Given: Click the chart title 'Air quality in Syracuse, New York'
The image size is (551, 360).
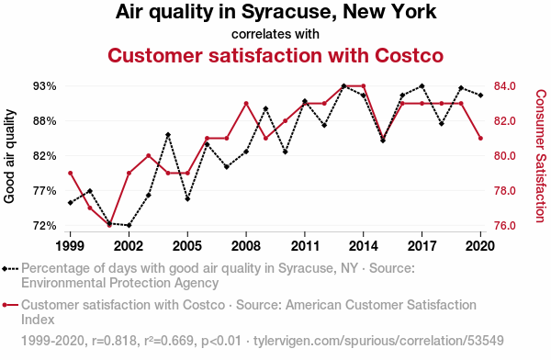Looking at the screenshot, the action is (x=275, y=12).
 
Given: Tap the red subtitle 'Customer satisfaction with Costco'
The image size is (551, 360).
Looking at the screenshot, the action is (x=275, y=55).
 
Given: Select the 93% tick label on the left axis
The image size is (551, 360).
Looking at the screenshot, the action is (x=45, y=86).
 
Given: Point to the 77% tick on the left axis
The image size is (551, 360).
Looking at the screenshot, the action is (x=45, y=191).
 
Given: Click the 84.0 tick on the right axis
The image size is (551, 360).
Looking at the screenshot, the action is (x=504, y=85).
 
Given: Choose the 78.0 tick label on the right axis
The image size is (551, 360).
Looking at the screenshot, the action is (x=504, y=191).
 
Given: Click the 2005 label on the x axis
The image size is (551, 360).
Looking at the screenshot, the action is (x=187, y=246).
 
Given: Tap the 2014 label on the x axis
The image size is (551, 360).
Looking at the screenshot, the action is (x=364, y=246).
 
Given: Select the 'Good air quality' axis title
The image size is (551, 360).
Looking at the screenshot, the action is (x=9, y=156).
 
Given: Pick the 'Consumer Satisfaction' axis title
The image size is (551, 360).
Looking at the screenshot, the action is (x=541, y=156).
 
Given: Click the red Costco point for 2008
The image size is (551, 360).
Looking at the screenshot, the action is (x=246, y=104).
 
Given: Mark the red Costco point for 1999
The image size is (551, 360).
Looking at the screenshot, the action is (x=71, y=173).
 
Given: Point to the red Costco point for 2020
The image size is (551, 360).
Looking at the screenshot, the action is (x=480, y=138).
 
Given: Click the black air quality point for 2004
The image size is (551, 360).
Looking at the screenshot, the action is (x=168, y=135).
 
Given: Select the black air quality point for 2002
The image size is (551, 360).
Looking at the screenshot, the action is (x=129, y=225).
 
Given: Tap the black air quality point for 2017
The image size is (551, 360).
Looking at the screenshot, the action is (x=422, y=85).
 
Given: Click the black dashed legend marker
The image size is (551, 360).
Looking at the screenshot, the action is (x=10, y=269).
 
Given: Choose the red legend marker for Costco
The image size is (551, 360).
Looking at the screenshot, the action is (x=10, y=305).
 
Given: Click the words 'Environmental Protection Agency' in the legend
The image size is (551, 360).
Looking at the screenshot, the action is (x=119, y=283).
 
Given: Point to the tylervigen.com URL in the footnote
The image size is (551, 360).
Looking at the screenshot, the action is (x=378, y=341).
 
